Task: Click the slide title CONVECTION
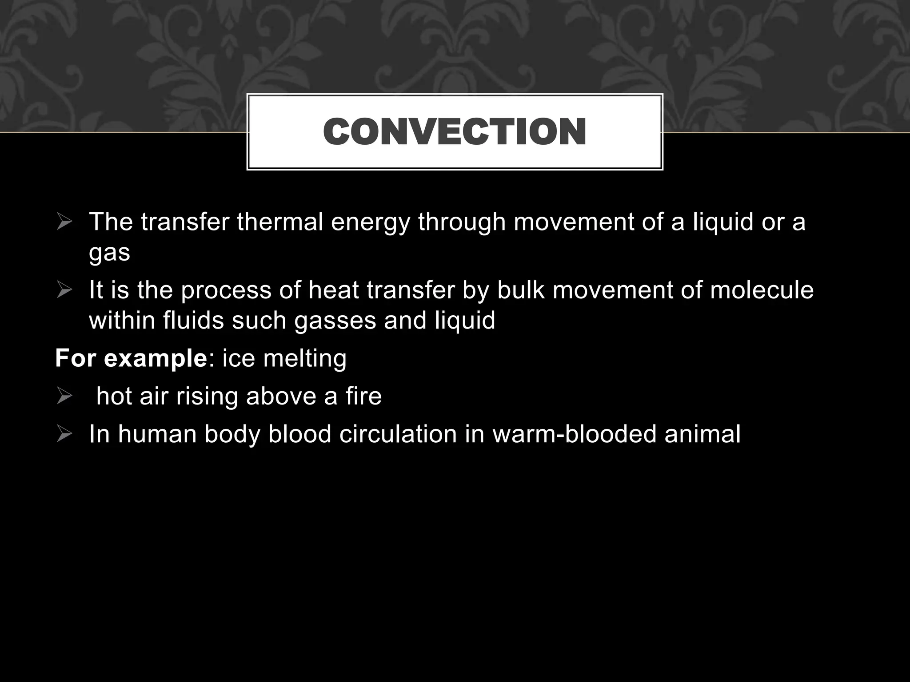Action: click(455, 132)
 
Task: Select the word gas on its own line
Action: click(109, 253)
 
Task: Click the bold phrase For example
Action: click(131, 358)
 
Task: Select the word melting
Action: click(304, 359)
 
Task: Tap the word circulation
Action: click(398, 434)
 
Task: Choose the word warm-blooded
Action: click(575, 434)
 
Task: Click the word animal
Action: click(702, 434)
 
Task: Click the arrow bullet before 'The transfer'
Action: click(64, 222)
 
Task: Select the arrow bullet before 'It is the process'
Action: click(64, 290)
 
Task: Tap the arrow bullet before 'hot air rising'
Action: click(64, 396)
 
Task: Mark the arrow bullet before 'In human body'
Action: click(64, 434)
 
